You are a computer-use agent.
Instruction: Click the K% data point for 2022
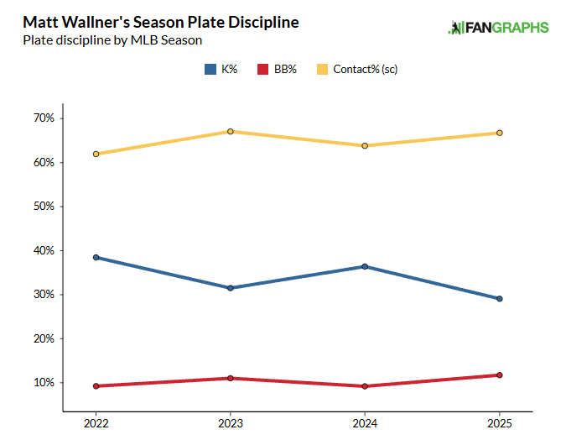tap(96, 257)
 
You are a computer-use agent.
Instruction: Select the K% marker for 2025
tap(500, 298)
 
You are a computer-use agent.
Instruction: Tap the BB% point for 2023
tap(231, 378)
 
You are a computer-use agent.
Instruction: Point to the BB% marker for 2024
tap(365, 386)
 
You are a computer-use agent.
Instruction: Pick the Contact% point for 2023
tap(231, 131)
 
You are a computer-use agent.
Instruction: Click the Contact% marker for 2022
tap(96, 154)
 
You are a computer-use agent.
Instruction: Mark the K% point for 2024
tap(365, 266)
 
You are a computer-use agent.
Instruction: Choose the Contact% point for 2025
tap(500, 133)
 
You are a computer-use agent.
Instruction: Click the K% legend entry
tap(222, 69)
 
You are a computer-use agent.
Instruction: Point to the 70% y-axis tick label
tap(44, 118)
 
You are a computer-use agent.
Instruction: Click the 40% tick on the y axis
tap(44, 250)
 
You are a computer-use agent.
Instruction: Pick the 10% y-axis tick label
tap(44, 383)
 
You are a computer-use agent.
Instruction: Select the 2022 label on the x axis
tap(96, 423)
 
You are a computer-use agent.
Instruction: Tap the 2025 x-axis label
tap(500, 423)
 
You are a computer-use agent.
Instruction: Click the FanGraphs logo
tap(499, 28)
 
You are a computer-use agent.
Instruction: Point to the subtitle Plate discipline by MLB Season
tap(112, 39)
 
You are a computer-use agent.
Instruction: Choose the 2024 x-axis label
tap(365, 423)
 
